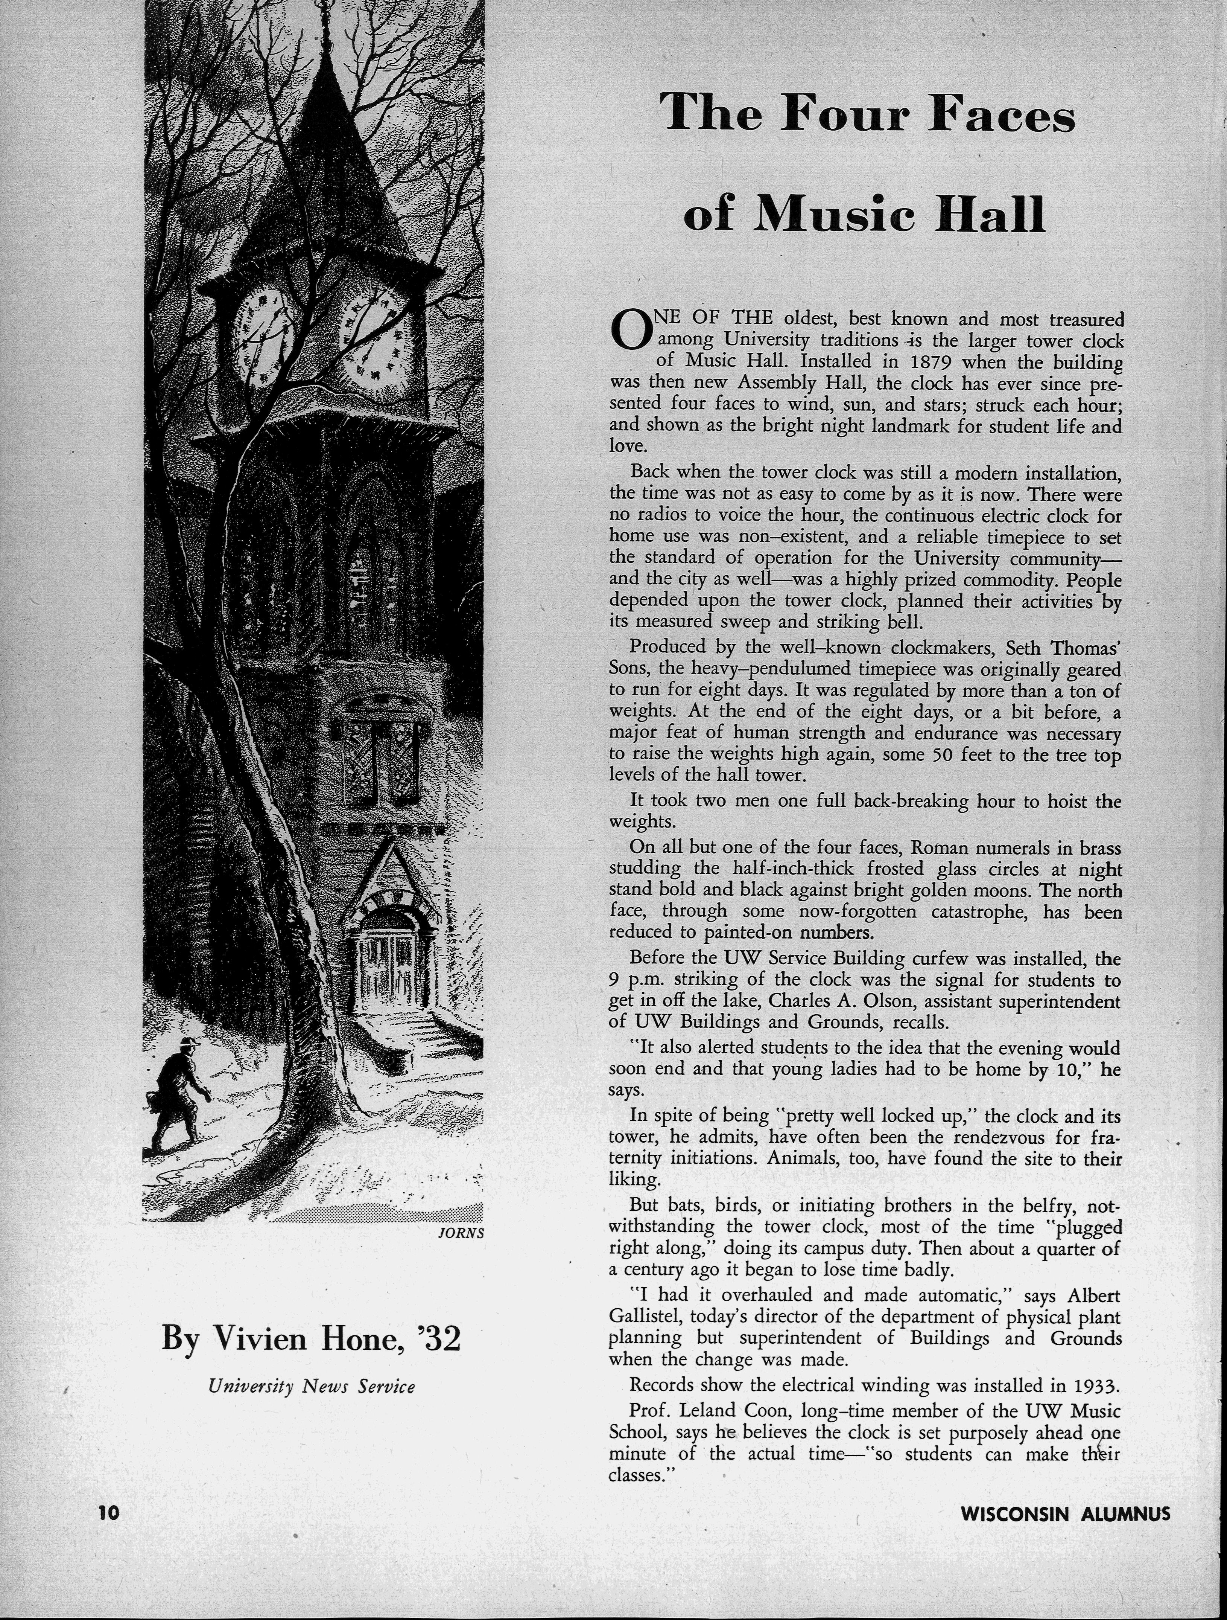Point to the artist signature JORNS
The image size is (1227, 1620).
[461, 1233]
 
